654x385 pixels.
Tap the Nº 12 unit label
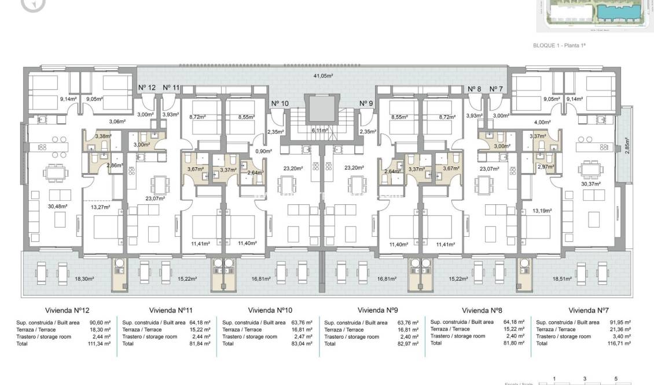(147, 87)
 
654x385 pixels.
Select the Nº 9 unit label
(366, 104)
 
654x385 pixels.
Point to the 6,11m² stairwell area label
(319, 130)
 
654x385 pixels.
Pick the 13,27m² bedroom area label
(100, 207)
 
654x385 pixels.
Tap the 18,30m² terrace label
(84, 278)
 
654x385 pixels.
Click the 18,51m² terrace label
(562, 278)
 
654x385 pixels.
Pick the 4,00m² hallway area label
(542, 122)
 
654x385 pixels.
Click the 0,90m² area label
(263, 151)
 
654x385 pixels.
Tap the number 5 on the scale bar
(616, 379)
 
